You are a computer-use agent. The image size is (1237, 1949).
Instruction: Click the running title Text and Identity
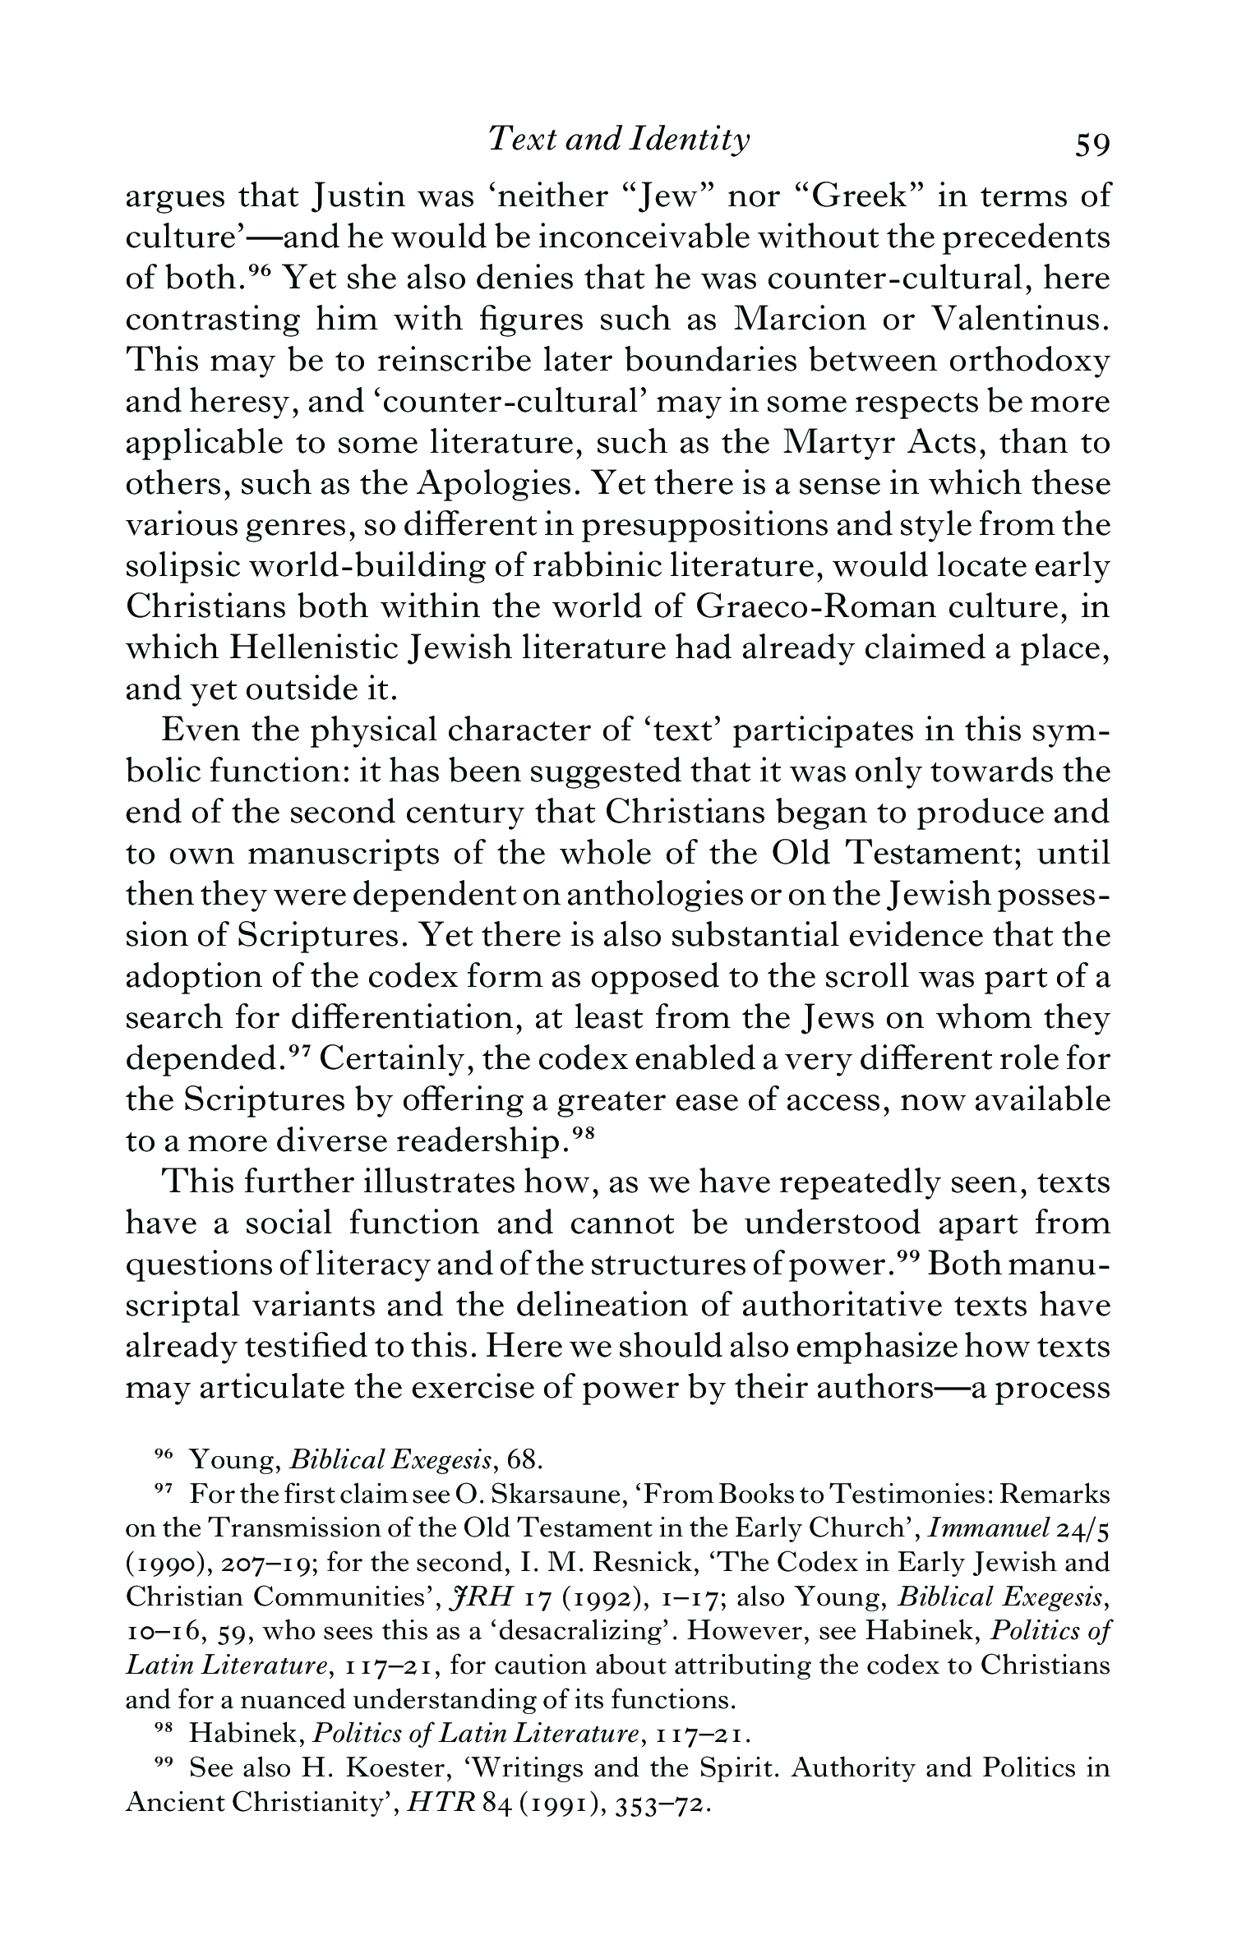pos(618,141)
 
